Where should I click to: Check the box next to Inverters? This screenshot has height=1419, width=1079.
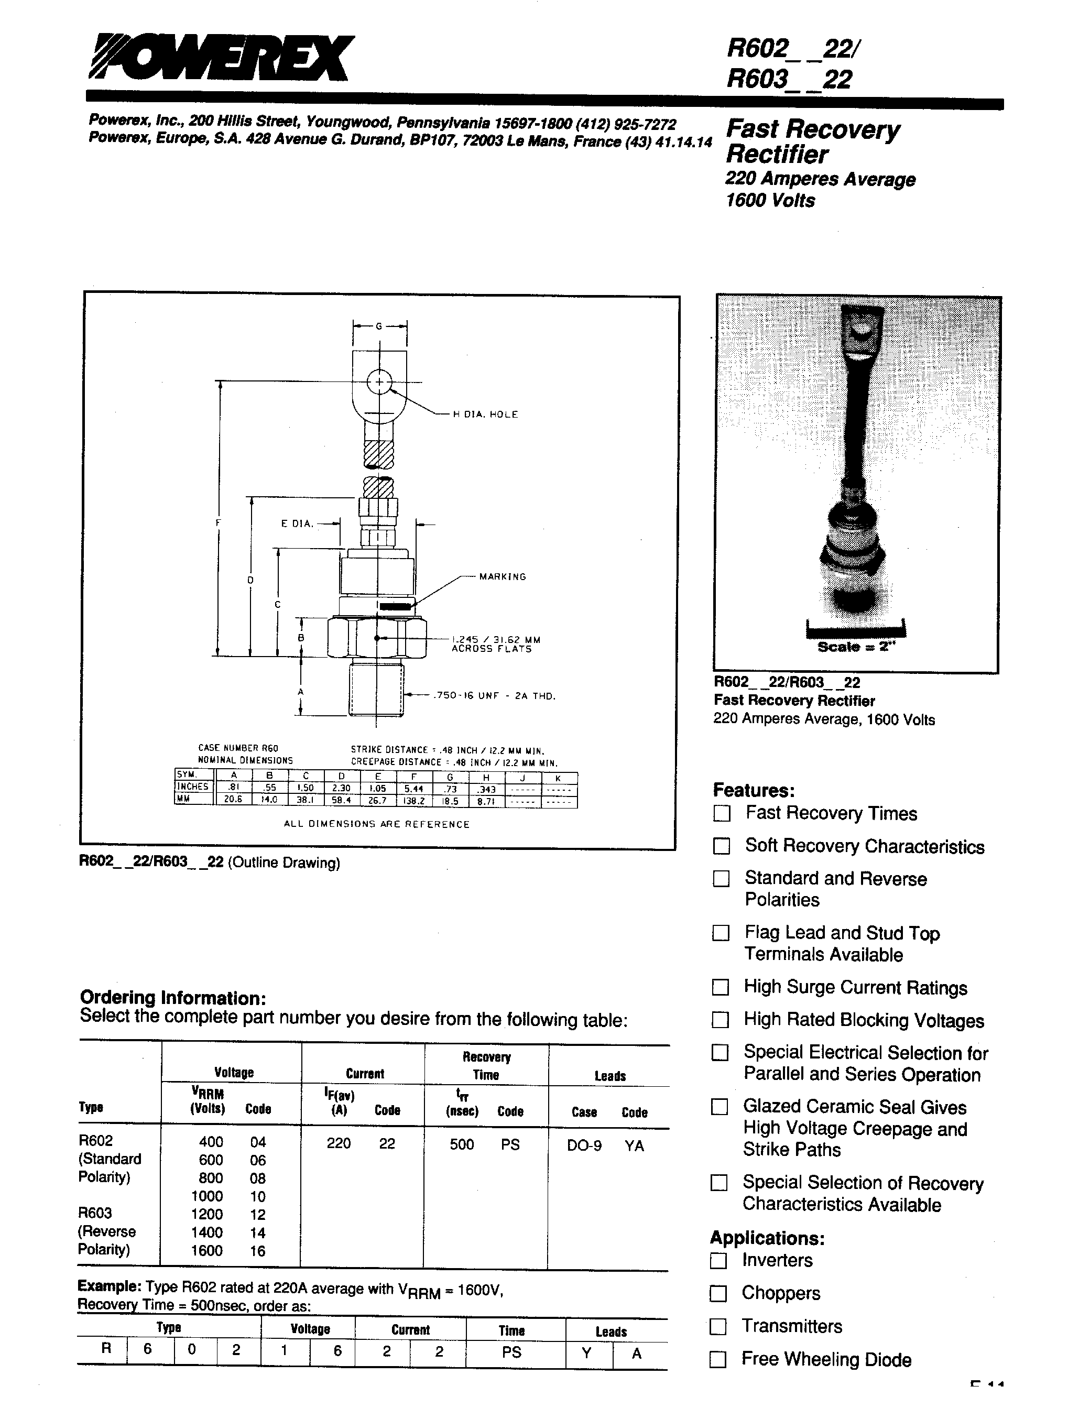(718, 1260)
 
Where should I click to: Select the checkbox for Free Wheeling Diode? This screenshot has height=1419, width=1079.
(718, 1359)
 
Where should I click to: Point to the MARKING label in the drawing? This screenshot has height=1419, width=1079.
(502, 576)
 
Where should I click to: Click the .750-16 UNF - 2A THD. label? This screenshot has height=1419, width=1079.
(494, 696)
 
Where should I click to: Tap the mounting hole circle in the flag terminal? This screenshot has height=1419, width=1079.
(379, 384)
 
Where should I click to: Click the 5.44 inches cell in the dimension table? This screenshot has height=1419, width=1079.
(413, 789)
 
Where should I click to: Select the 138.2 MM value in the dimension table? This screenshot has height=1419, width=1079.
(413, 801)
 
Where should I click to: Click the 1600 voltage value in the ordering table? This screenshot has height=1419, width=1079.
(207, 1250)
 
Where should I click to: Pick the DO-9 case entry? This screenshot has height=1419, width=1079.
(584, 1145)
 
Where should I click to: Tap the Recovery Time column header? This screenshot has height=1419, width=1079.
(486, 1066)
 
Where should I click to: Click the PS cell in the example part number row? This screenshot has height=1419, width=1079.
(512, 1351)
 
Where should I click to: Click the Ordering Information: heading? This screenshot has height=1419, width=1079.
(172, 998)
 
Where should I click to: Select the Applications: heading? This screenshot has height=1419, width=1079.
(767, 1237)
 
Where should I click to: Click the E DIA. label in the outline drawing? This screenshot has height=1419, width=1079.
(297, 524)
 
